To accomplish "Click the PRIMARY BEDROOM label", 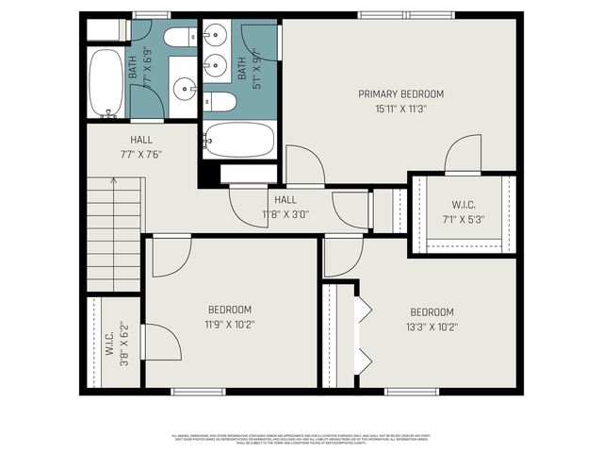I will tap(400, 93).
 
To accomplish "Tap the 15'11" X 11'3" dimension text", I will tap(400, 108).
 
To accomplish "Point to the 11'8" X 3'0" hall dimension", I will tap(285, 214).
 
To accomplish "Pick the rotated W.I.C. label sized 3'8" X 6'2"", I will tap(109, 344).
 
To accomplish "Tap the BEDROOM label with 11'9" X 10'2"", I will tap(230, 310).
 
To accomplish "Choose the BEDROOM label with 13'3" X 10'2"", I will tap(432, 312).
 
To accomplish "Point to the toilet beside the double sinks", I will tap(221, 101).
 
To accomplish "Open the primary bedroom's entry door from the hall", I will tap(304, 165).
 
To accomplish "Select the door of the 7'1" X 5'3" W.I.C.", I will tap(463, 155).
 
